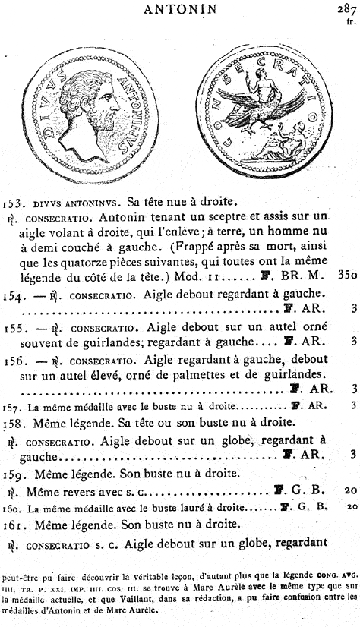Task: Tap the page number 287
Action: [x=345, y=8]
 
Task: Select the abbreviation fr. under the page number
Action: [x=350, y=22]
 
